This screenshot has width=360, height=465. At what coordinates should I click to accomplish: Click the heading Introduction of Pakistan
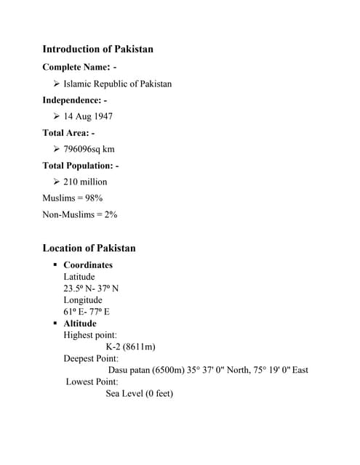(x=97, y=49)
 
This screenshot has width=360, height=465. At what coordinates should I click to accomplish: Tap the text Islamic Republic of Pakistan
(x=118, y=84)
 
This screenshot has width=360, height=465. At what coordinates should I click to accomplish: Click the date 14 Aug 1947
(x=88, y=116)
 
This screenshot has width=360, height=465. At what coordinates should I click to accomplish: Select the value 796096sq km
(x=89, y=149)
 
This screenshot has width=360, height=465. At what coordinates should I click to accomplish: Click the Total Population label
(x=80, y=166)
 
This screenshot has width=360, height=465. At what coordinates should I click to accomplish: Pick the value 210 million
(x=85, y=182)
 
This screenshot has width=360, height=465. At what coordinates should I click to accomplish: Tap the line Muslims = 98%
(x=72, y=198)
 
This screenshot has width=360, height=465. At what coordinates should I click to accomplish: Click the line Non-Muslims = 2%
(x=80, y=214)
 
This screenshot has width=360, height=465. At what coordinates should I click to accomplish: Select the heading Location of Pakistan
(x=89, y=248)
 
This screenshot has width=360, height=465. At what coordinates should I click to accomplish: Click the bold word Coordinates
(x=88, y=265)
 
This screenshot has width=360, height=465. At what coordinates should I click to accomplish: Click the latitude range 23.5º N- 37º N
(x=91, y=288)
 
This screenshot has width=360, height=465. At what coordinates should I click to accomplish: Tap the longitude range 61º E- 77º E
(x=87, y=312)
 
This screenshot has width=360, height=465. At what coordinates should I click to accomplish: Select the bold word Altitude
(x=79, y=323)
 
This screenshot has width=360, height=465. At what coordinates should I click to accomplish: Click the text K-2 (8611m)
(x=131, y=347)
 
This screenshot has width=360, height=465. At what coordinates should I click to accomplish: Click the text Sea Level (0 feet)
(x=140, y=393)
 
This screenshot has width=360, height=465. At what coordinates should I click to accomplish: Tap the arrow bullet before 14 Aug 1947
(x=57, y=116)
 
